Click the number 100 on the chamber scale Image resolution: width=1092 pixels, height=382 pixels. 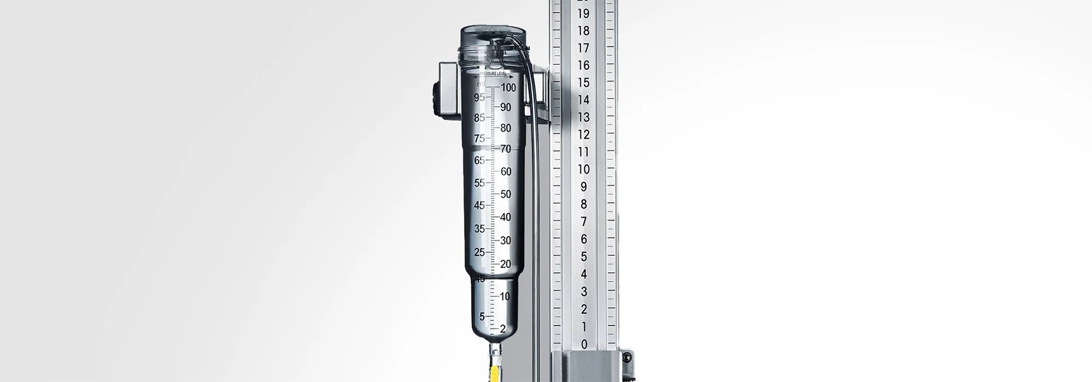tap(508, 87)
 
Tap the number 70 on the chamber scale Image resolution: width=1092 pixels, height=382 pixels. tap(506, 149)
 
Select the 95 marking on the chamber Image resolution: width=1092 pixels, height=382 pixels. tap(479, 98)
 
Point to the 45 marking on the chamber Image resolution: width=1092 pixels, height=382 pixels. tap(479, 206)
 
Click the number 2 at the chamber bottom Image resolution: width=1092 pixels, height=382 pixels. tap(503, 329)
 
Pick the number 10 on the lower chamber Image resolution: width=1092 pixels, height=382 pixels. tap(505, 296)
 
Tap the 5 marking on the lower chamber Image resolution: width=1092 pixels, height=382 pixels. tap(482, 317)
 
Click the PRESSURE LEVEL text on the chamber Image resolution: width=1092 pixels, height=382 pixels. tap(494, 73)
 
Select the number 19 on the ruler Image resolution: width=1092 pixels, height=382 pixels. tap(583, 14)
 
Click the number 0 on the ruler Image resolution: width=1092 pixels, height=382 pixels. tap(584, 344)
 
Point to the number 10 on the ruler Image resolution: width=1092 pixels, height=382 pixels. tap(583, 169)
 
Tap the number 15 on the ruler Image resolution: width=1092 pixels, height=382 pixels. tap(583, 82)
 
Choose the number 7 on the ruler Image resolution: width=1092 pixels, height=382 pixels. tap(584, 222)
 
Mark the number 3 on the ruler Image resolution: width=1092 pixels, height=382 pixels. tap(584, 291)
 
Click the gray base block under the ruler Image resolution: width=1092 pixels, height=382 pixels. tap(584, 366)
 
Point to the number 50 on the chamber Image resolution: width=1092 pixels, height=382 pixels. tap(506, 194)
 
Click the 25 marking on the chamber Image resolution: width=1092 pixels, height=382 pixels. tap(479, 252)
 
